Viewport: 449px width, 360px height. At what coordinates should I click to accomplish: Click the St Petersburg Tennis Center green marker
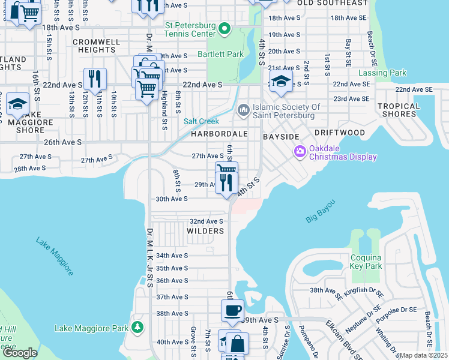coord(224,28)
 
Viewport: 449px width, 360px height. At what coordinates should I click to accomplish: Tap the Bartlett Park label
coord(220,54)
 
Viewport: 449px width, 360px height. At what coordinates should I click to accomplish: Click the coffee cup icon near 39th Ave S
coord(232,311)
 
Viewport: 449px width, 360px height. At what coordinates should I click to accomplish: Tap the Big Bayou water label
coord(320,211)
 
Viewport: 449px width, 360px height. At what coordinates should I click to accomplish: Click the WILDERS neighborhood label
coord(205,231)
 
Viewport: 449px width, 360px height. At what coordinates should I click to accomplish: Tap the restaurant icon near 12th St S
coord(95,79)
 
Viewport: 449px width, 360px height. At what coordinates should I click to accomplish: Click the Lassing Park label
coord(382,73)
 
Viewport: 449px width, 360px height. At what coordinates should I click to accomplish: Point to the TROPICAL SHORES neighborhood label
coord(399,110)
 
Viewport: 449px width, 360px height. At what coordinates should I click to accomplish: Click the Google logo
coord(20,352)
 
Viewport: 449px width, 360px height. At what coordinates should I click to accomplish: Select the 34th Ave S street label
coord(172,256)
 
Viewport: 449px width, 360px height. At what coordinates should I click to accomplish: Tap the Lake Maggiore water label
coord(54,256)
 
